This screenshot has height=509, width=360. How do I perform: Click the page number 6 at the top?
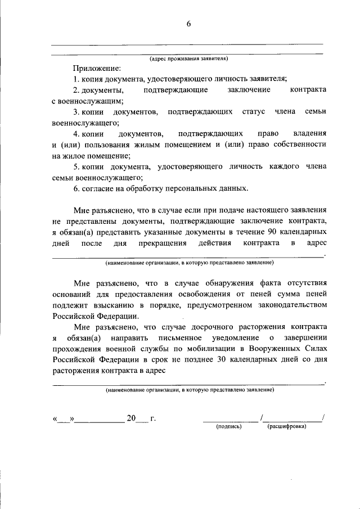188,23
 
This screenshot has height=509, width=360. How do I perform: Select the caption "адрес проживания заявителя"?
188,58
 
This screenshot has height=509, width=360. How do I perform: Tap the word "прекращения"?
164,244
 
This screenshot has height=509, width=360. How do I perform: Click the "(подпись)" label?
229,426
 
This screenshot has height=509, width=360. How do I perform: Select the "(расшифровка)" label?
287,426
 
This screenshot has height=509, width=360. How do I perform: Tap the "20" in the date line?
131,418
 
